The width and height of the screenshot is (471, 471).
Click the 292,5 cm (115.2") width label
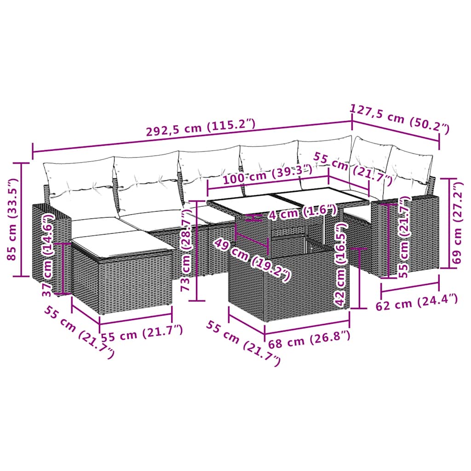(x=200, y=126)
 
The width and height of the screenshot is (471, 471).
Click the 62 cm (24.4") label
(x=417, y=304)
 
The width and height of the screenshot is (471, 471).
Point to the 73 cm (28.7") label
(x=186, y=251)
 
